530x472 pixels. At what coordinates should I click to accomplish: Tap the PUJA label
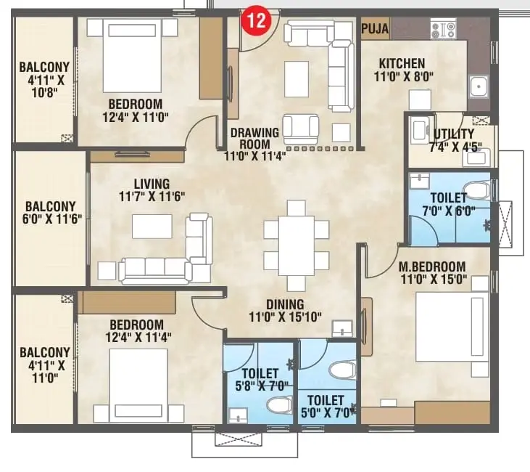pyautogui.click(x=375, y=29)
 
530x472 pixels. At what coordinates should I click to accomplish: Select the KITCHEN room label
pyautogui.click(x=402, y=63)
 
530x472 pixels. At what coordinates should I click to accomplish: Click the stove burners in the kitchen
pyautogui.click(x=443, y=30)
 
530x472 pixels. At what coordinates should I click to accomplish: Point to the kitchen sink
pyautogui.click(x=479, y=88)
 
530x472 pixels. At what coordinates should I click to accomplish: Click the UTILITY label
pyautogui.click(x=454, y=134)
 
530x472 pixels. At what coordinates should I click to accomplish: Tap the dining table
pyautogui.click(x=297, y=245)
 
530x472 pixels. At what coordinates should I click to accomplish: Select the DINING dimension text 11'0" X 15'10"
pyautogui.click(x=285, y=317)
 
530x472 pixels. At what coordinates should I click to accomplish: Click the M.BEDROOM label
pyautogui.click(x=432, y=266)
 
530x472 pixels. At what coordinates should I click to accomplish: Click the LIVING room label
pyautogui.click(x=152, y=184)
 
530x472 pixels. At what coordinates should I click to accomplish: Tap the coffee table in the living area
pyautogui.click(x=152, y=226)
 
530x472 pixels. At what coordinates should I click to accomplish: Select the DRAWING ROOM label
pyautogui.click(x=255, y=138)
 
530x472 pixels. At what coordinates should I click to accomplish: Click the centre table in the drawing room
pyautogui.click(x=297, y=79)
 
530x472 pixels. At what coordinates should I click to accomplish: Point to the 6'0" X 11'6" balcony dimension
pyautogui.click(x=52, y=219)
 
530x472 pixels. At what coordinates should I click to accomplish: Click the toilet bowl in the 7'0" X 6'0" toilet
pyautogui.click(x=476, y=190)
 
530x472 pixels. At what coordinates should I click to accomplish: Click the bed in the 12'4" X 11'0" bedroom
pyautogui.click(x=132, y=55)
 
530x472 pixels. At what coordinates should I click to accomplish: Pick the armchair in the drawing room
pyautogui.click(x=300, y=129)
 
